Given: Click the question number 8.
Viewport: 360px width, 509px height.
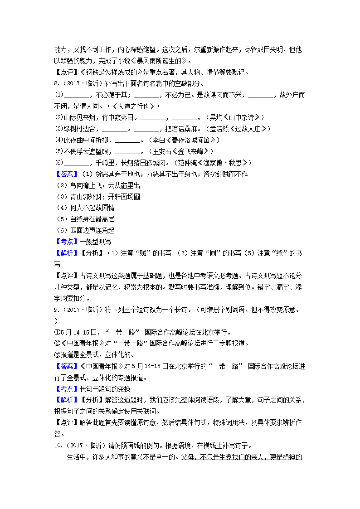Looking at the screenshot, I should tap(56, 83).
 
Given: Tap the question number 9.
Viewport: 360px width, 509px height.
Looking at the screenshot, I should tap(56, 310).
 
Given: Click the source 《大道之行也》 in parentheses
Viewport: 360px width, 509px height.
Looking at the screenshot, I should tap(136, 106).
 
